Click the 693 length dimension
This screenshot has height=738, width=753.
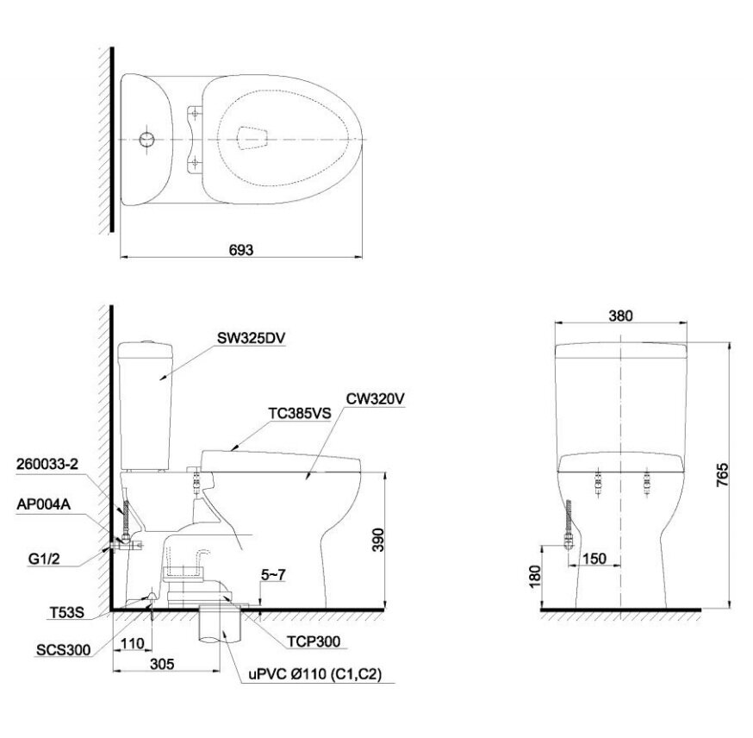241,250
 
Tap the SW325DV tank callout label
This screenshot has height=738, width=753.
252,338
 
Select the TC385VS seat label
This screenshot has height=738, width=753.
300,413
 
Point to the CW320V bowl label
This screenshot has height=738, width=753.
375,399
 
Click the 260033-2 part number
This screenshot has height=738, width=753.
47,464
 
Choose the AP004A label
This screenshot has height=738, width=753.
44,504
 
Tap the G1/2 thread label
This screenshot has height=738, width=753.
44,559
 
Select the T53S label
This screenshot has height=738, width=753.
66,612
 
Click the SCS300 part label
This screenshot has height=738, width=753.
64,650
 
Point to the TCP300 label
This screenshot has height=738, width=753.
314,641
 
